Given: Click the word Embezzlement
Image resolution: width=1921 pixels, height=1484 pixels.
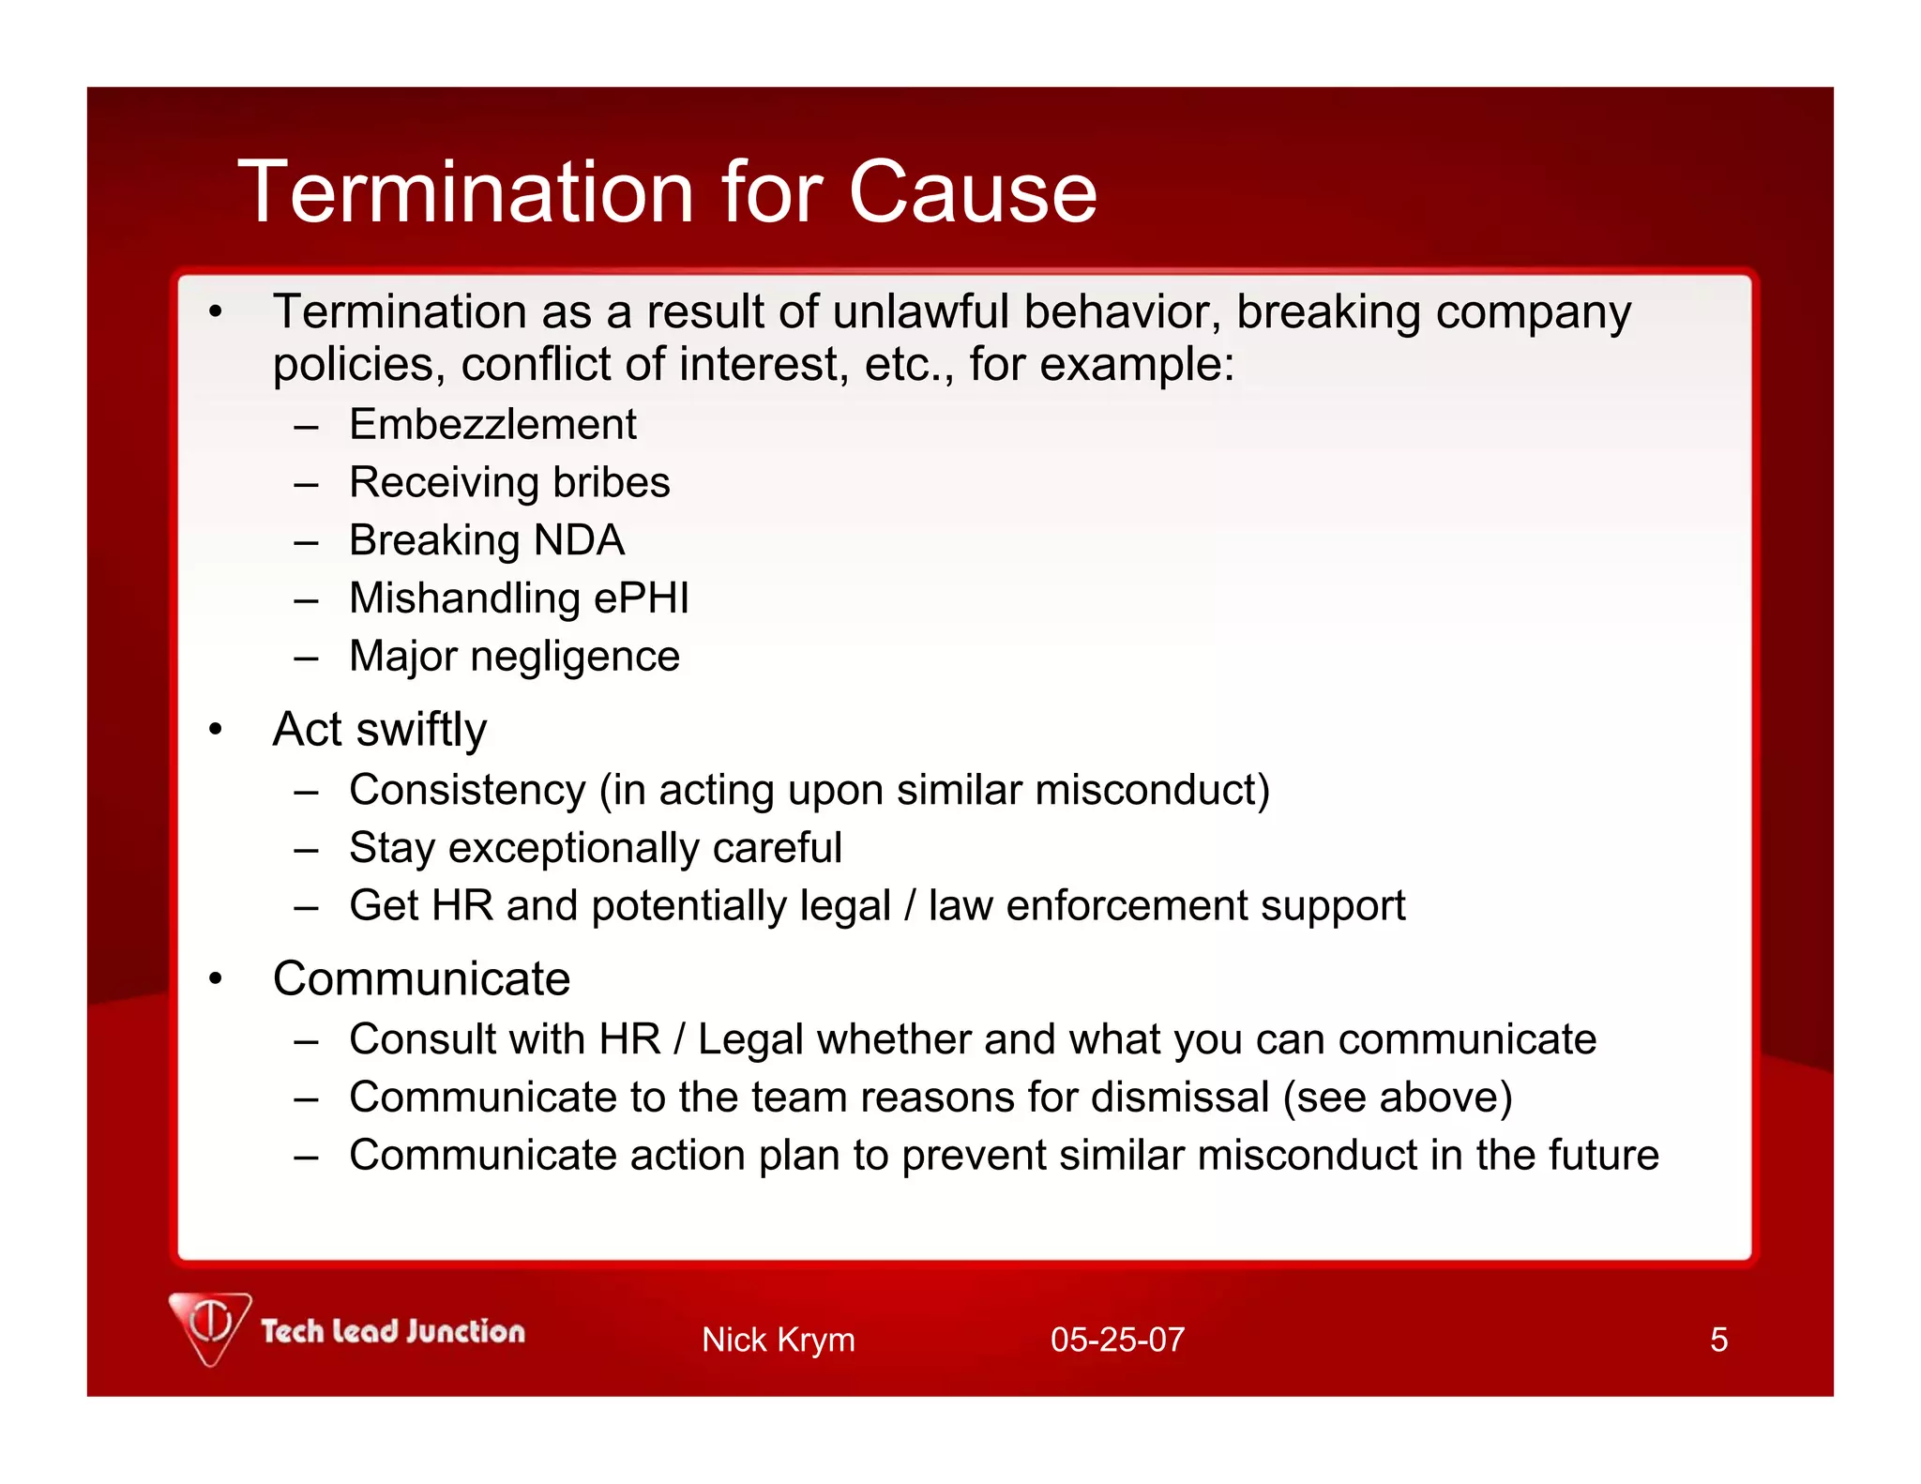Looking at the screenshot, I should tap(492, 425).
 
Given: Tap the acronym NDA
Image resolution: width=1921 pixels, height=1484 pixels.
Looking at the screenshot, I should tap(579, 541).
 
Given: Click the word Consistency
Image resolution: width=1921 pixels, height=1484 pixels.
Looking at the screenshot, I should tap(467, 790).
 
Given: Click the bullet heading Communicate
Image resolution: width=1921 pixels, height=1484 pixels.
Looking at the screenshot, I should tap(421, 979).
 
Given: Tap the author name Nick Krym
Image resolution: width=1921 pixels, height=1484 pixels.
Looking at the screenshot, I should tap(778, 1340).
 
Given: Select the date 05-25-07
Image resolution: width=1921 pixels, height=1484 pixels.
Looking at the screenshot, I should tap(1117, 1340).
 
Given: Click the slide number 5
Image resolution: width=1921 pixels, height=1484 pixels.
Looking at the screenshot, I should tap(1718, 1340).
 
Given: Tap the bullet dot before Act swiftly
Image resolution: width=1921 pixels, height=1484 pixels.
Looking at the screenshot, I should tap(216, 730).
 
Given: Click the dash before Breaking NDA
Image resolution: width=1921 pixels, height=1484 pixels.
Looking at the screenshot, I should tap(306, 542).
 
